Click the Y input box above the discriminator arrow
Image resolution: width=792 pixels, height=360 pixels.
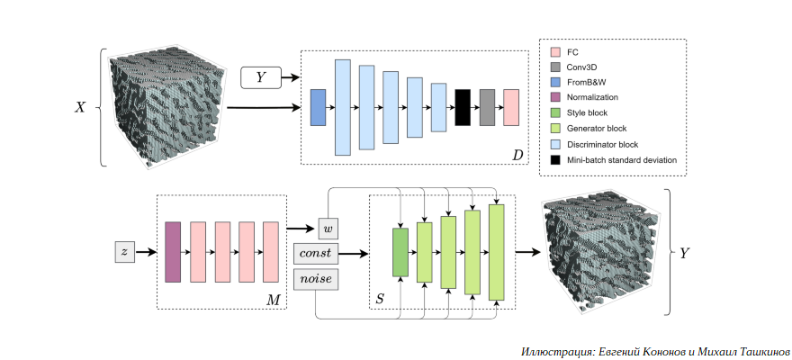tap(261, 78)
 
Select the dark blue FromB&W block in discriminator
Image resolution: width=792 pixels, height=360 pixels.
tap(318, 107)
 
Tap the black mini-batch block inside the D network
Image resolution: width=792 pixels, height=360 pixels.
tap(463, 107)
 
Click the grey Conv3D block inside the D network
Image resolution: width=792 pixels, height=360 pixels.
tap(487, 107)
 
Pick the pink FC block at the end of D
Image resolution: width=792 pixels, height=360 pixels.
tap(511, 107)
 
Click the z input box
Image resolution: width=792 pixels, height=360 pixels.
tap(124, 252)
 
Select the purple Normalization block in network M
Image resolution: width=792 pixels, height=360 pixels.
tap(173, 252)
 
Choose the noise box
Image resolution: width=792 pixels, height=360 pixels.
tap(315, 279)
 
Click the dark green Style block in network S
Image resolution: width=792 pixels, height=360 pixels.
tap(400, 252)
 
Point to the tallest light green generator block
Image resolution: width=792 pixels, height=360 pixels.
tap(496, 252)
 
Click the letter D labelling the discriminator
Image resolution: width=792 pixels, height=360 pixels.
tap(517, 156)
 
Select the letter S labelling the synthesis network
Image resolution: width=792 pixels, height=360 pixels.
tap(381, 297)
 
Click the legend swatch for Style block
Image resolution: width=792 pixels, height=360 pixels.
tap(554, 112)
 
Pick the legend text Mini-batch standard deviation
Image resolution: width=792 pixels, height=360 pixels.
tap(622, 159)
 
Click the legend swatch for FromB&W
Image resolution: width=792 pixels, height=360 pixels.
tap(554, 81)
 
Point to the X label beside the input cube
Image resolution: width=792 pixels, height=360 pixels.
tap(80, 107)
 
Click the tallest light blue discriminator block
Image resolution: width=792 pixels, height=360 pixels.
tap(342, 107)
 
